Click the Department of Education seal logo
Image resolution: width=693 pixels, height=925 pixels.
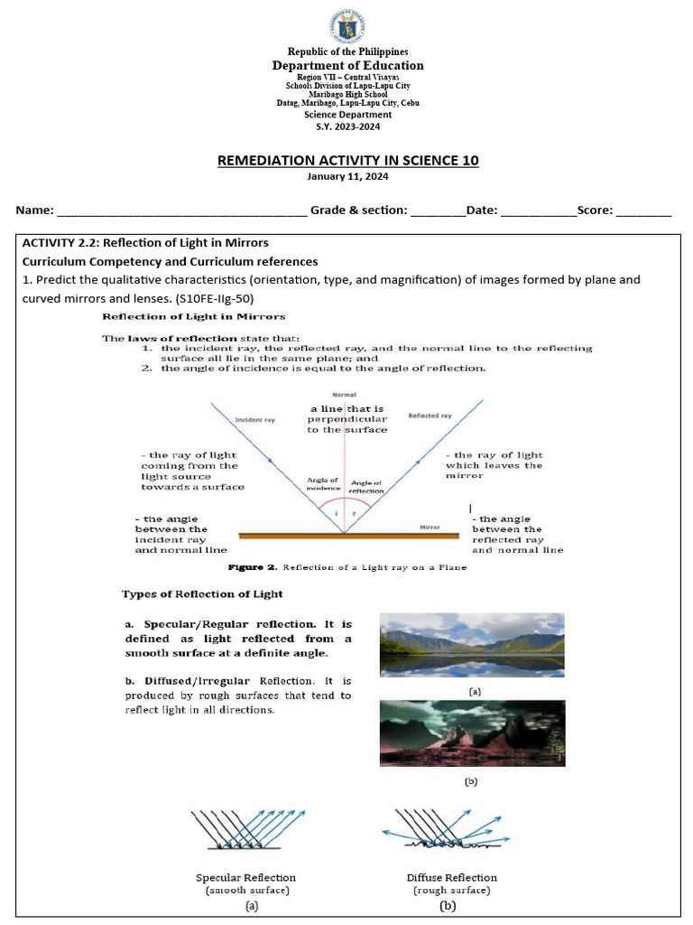point(347,23)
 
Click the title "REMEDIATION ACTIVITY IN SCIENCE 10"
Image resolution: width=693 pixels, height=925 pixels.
point(347,161)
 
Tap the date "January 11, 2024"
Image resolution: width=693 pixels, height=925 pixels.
point(347,177)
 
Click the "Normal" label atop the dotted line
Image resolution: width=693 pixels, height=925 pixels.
point(344,395)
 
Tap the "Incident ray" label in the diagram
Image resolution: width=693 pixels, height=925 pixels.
point(254,420)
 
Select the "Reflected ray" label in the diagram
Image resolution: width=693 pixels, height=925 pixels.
point(430,416)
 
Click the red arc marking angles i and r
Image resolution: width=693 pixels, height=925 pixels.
point(344,500)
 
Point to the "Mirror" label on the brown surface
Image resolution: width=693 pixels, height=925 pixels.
point(430,527)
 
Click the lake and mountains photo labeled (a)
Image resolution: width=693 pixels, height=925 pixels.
point(473,646)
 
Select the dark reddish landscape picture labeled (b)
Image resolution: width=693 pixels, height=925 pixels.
point(473,733)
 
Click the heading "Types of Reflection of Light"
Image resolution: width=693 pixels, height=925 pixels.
point(202,593)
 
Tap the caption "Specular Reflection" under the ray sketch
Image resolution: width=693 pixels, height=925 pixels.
point(245,877)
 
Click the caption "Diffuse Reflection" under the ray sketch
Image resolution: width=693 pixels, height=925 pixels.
point(451,877)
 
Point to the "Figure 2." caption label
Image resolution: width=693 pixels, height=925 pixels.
point(252,568)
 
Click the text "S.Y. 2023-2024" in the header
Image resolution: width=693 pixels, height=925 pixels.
point(347,127)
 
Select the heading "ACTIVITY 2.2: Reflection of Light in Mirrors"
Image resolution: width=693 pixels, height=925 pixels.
point(145,243)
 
